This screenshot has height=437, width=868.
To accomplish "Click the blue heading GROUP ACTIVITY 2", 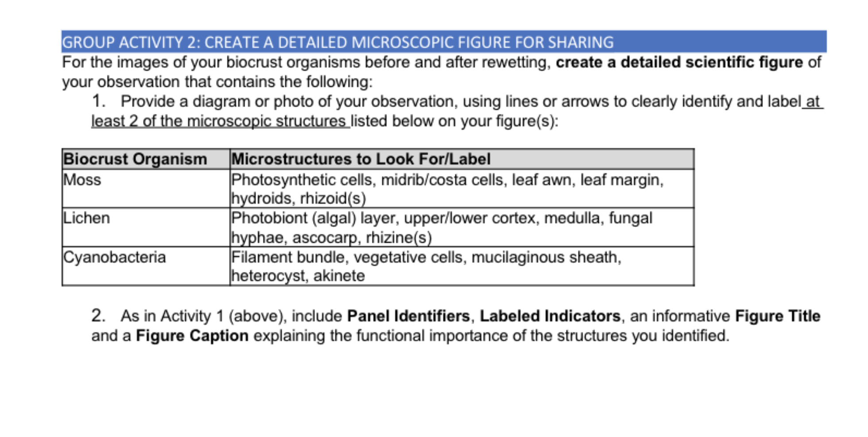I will (x=337, y=43).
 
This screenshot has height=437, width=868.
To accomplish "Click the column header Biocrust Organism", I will (x=135, y=159).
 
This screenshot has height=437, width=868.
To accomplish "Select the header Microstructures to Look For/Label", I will (x=361, y=159).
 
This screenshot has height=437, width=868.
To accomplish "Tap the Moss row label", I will (x=82, y=180).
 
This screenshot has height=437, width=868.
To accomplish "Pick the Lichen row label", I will (x=86, y=218).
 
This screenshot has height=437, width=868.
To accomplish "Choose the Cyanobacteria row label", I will (x=115, y=257).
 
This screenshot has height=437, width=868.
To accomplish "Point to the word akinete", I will (x=339, y=276).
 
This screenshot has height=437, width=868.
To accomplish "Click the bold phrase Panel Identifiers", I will (x=408, y=316).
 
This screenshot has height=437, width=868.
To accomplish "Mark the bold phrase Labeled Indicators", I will (x=550, y=316).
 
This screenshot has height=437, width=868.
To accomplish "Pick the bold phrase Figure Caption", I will (x=192, y=336).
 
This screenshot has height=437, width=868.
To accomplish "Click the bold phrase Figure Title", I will (x=778, y=316).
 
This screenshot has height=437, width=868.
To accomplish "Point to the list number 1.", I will (x=98, y=101).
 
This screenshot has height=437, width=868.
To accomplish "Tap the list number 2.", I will (x=98, y=316).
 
